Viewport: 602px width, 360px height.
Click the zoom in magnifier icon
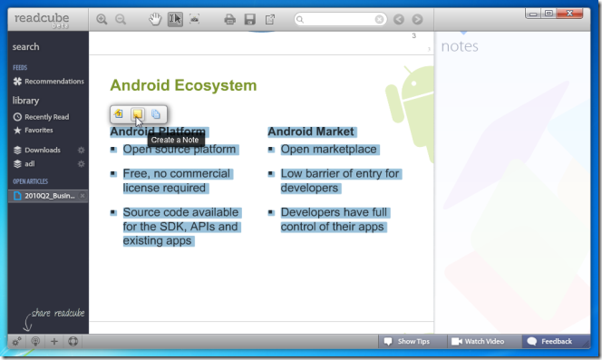(x=102, y=19)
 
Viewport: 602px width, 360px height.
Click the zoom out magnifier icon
(x=121, y=19)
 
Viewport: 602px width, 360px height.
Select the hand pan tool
(x=155, y=19)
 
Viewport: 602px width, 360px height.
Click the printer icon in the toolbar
(x=229, y=19)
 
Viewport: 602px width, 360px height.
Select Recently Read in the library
(x=46, y=117)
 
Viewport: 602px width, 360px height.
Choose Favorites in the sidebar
(x=39, y=130)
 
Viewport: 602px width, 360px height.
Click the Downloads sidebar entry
(x=42, y=150)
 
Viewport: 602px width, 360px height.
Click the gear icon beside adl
(x=81, y=164)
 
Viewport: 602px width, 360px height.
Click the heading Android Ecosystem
(x=183, y=85)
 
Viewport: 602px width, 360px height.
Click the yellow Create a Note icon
(x=137, y=114)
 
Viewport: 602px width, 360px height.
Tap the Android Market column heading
(x=311, y=131)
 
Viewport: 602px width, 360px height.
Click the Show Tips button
(x=406, y=342)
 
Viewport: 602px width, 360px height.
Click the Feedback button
(x=549, y=342)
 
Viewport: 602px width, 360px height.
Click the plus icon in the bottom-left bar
(x=54, y=342)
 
